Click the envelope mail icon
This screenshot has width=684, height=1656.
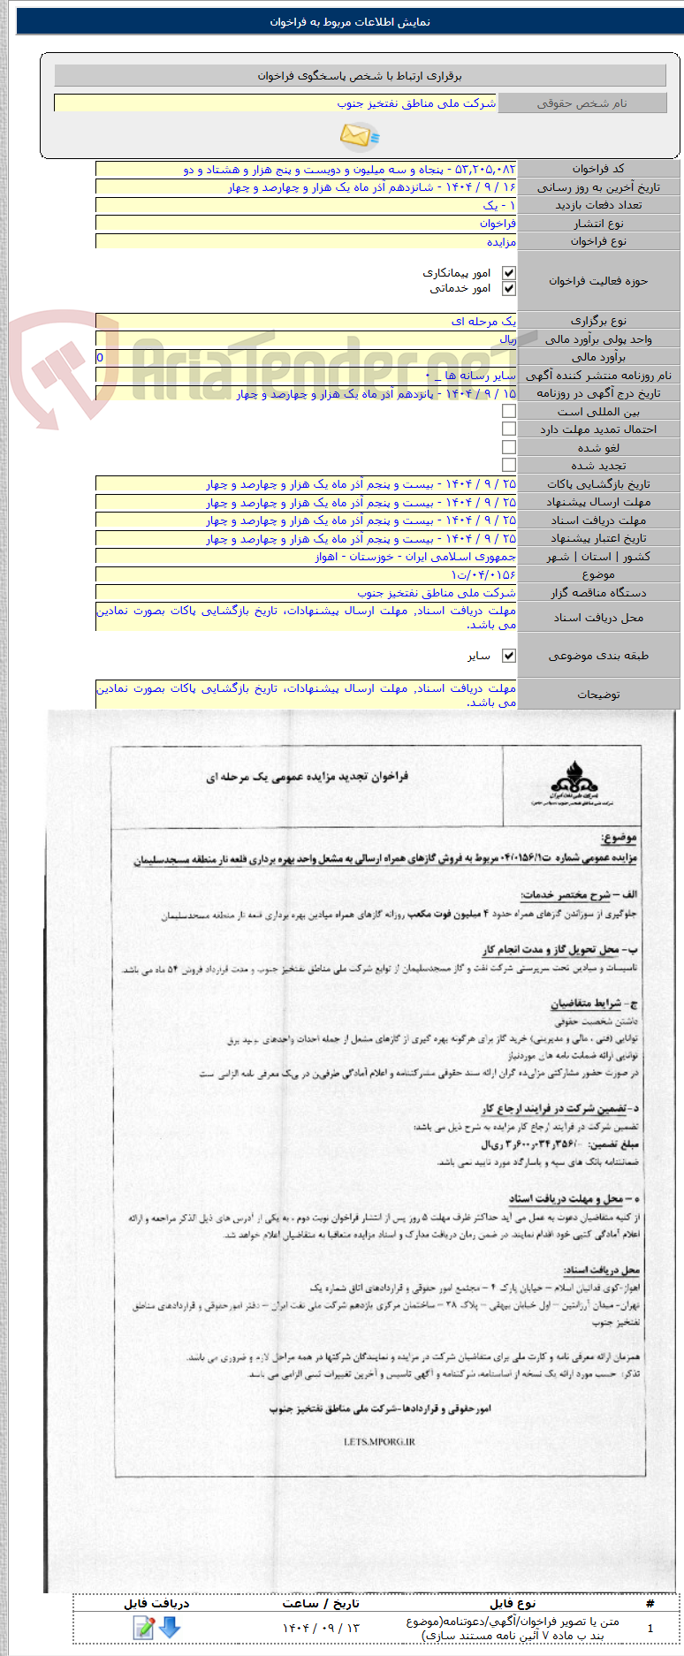click(x=359, y=135)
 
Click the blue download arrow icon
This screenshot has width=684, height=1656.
click(x=169, y=1627)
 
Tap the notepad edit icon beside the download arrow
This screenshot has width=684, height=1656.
click(x=143, y=1627)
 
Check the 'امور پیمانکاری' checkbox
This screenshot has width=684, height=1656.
click(x=508, y=273)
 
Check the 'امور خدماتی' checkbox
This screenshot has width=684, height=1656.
click(x=508, y=288)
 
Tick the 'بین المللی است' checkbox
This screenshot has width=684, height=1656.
click(x=508, y=411)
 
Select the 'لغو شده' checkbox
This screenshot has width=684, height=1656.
click(x=508, y=447)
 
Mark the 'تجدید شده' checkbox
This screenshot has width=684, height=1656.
click(x=508, y=465)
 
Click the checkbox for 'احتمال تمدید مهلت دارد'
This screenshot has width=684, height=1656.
click(x=508, y=429)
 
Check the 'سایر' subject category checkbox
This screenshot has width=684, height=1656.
click(x=508, y=656)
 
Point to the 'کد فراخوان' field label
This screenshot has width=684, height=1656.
click(x=598, y=169)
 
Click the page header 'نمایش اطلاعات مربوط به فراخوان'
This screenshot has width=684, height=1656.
click(x=350, y=22)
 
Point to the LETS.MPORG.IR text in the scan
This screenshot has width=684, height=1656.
click(x=379, y=1441)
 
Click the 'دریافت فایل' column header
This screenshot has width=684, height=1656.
click(x=156, y=1602)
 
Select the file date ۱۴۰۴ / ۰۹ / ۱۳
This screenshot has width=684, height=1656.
click(x=322, y=1628)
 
